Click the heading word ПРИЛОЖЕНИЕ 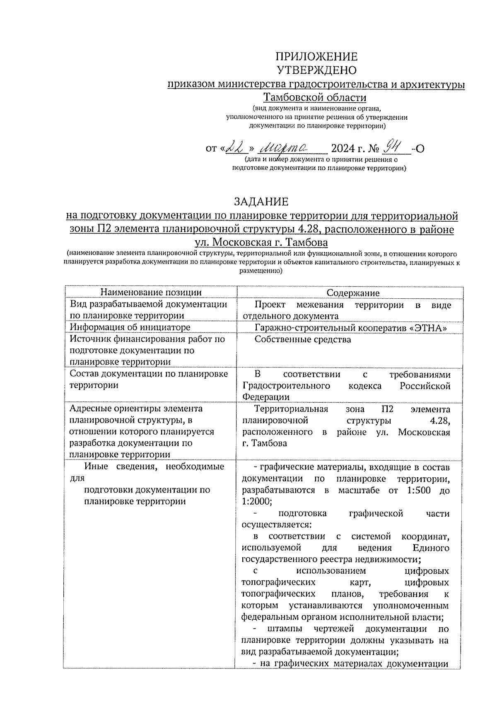click(316, 57)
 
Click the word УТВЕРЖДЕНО click(316, 70)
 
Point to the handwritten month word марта click(285, 147)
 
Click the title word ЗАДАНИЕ click(261, 202)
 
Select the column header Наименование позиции click(151, 292)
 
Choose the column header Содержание click(353, 293)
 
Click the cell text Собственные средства click(303, 339)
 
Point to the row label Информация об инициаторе click(130, 327)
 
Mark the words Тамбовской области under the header click(316, 98)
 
